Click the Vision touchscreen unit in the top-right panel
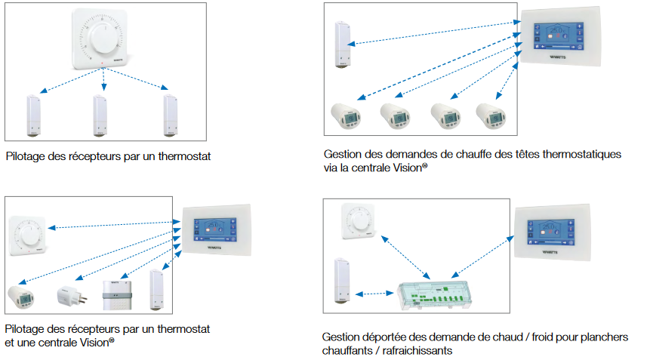coord(557,37)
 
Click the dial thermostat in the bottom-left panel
coord(28,233)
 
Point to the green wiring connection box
coord(441,293)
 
